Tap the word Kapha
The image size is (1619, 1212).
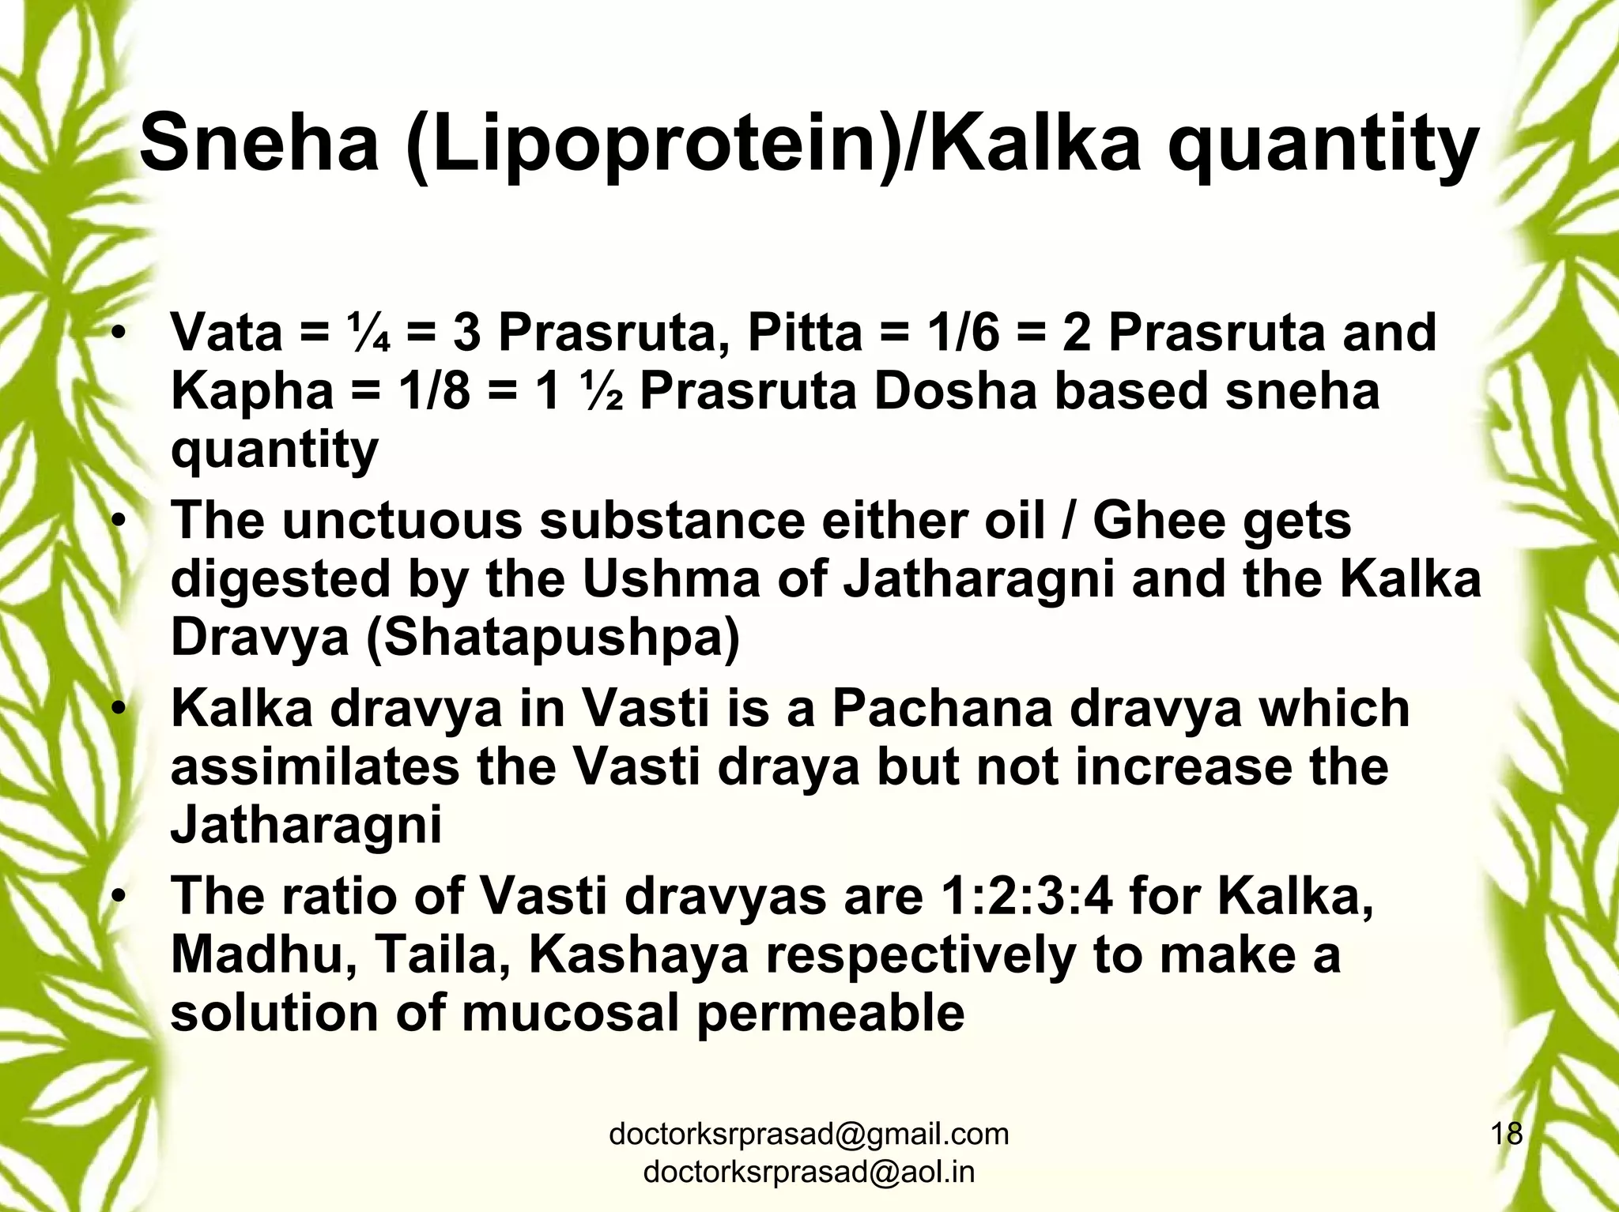tap(252, 391)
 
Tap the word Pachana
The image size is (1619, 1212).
tap(942, 708)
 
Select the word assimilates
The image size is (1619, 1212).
tap(315, 766)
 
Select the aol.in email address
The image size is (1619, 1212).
tap(809, 1172)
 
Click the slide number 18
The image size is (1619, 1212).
tap(1506, 1134)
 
